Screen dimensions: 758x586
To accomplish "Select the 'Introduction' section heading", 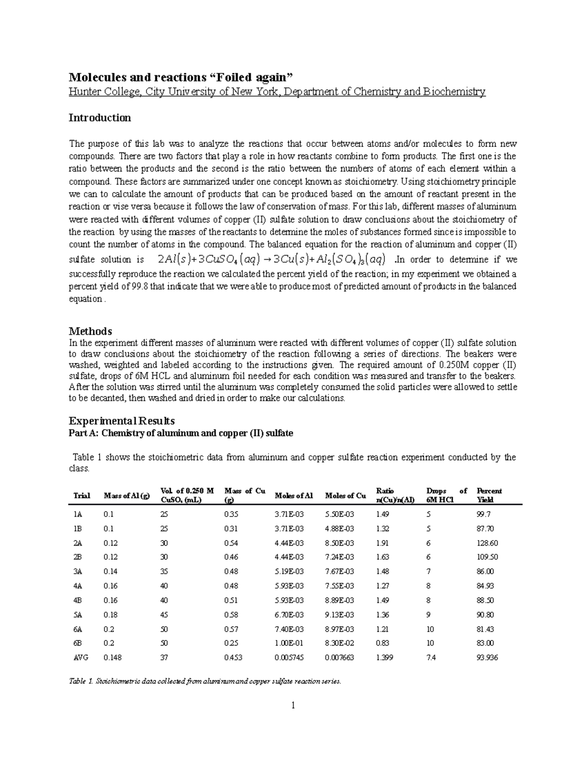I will click(x=100, y=118).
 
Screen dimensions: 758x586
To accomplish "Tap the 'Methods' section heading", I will click(x=90, y=331).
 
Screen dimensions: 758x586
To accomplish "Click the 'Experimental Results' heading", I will click(x=122, y=421).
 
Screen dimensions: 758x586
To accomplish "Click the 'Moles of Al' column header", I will click(x=293, y=496).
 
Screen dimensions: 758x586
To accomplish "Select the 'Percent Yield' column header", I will click(x=489, y=495).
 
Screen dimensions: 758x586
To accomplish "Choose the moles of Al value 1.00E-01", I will click(x=290, y=643).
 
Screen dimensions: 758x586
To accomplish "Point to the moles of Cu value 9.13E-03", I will click(x=339, y=615).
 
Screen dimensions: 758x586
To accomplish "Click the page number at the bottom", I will click(x=293, y=705).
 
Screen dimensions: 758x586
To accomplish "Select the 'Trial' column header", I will click(x=82, y=496).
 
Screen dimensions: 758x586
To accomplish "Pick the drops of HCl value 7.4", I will click(x=431, y=657).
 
